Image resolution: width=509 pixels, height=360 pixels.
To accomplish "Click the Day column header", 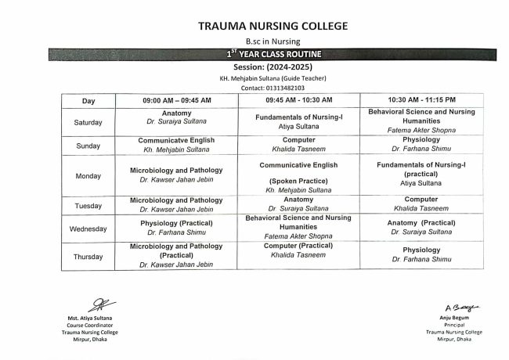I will tap(88, 101).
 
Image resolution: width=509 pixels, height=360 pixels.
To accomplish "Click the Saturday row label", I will tap(88, 122).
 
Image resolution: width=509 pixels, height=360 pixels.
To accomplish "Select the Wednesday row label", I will tap(88, 229).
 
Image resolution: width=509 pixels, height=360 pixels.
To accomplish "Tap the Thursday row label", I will tap(88, 255).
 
